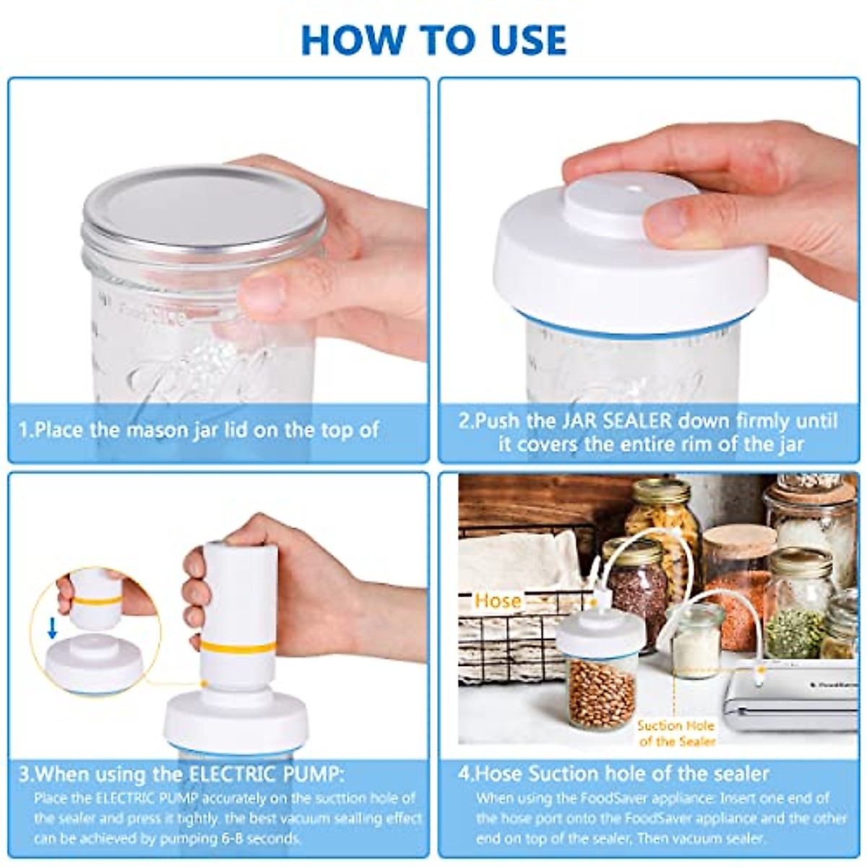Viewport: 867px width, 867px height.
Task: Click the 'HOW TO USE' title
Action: point(433,39)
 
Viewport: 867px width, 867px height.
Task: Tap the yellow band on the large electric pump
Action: point(238,645)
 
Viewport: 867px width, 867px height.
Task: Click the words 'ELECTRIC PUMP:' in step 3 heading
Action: point(267,775)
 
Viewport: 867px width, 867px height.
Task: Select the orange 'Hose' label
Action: point(498,601)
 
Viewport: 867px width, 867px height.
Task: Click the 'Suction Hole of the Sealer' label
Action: point(676,733)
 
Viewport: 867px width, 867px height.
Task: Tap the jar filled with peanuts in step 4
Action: point(601,690)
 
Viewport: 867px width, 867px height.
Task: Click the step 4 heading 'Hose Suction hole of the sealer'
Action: point(614,774)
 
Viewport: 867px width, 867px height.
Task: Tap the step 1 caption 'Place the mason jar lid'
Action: point(199,431)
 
